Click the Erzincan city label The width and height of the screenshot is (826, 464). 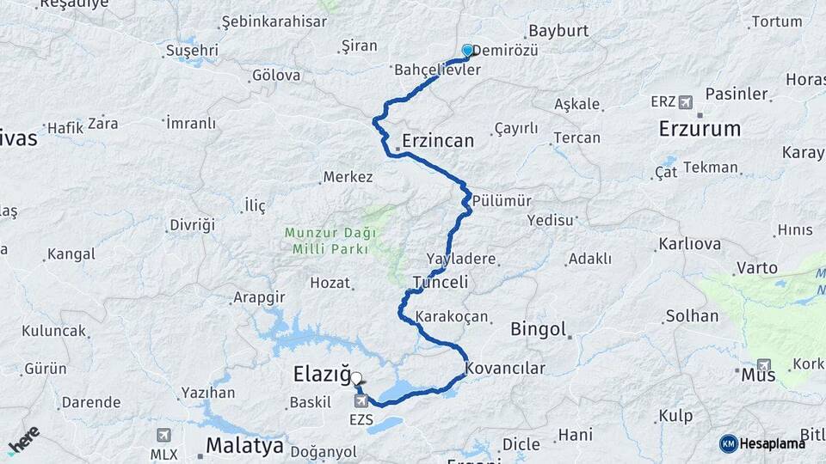(x=438, y=140)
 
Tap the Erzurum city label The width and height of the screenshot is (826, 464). (x=700, y=129)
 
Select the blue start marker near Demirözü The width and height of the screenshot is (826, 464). (x=467, y=51)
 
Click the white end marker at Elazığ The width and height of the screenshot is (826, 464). (x=355, y=377)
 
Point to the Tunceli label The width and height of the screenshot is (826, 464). (x=440, y=282)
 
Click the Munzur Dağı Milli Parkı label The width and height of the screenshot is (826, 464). (x=326, y=241)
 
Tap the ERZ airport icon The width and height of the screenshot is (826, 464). (x=685, y=102)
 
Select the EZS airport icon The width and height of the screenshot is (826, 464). (x=361, y=400)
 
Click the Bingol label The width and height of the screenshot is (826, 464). (x=539, y=328)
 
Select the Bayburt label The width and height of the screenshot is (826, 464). (x=558, y=30)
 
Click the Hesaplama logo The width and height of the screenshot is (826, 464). (x=762, y=443)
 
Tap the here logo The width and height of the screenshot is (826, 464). (x=23, y=439)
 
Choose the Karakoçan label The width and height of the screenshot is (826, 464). (x=452, y=317)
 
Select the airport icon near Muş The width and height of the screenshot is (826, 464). (x=763, y=365)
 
